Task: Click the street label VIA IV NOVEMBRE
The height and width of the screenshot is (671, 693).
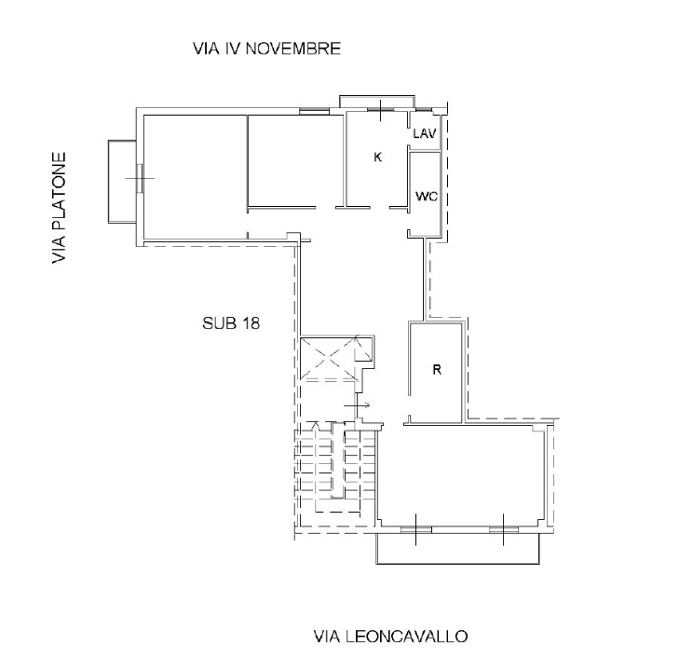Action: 266,48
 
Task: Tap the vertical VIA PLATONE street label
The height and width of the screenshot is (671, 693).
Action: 61,209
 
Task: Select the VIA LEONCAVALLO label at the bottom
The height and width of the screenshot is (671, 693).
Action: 390,637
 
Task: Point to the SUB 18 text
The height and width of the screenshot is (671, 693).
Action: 230,324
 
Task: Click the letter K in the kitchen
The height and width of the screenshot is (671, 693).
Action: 377,157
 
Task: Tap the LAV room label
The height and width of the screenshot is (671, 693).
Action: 425,134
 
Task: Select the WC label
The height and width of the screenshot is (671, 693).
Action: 426,197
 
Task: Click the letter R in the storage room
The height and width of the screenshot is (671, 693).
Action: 435,370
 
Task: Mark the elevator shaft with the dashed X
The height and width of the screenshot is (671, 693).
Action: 328,359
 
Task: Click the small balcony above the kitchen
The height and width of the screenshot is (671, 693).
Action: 376,101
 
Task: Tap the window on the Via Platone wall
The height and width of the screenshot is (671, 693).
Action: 140,176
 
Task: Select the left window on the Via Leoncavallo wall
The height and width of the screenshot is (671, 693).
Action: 415,529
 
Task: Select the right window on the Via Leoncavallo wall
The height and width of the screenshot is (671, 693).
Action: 503,529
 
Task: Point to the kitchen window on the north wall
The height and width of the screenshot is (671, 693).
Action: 380,110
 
